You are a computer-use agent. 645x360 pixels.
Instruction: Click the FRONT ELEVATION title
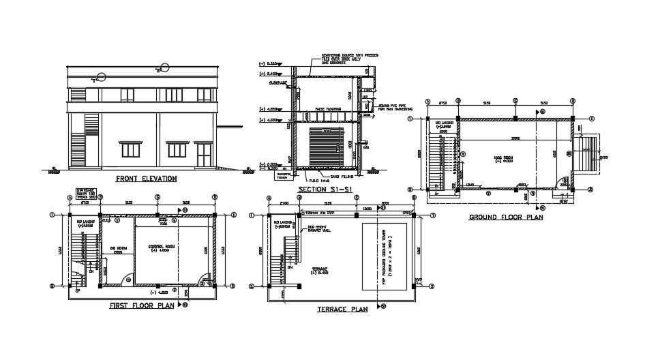click(x=146, y=179)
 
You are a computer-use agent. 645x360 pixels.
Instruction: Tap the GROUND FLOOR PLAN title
click(x=505, y=217)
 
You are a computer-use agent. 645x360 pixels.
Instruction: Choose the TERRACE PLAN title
click(x=342, y=309)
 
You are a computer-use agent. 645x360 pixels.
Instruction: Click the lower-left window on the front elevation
click(x=130, y=149)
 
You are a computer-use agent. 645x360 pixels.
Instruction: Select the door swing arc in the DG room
click(x=127, y=280)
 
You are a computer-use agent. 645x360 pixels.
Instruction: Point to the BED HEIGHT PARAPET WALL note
click(x=320, y=228)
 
